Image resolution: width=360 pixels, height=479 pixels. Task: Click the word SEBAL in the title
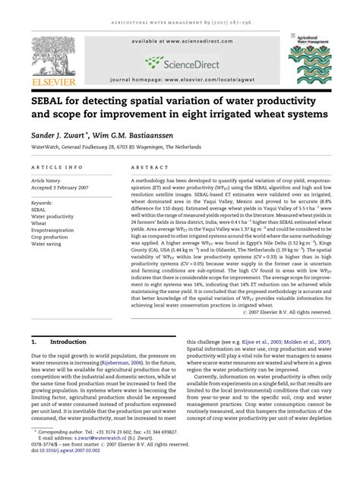click(49, 101)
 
